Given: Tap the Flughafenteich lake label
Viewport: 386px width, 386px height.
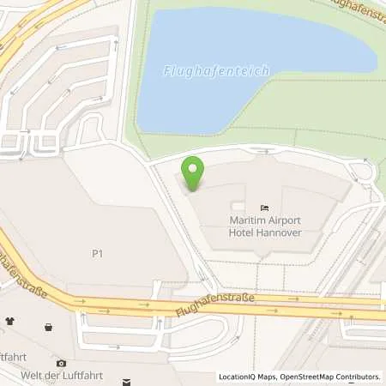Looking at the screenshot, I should [217, 69].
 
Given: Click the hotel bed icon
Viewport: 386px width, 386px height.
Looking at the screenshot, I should [264, 207].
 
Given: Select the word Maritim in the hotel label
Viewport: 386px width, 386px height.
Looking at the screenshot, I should [248, 220].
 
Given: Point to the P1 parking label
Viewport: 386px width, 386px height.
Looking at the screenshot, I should [98, 254].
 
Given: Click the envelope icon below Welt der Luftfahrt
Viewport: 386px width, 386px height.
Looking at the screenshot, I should [126, 381].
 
